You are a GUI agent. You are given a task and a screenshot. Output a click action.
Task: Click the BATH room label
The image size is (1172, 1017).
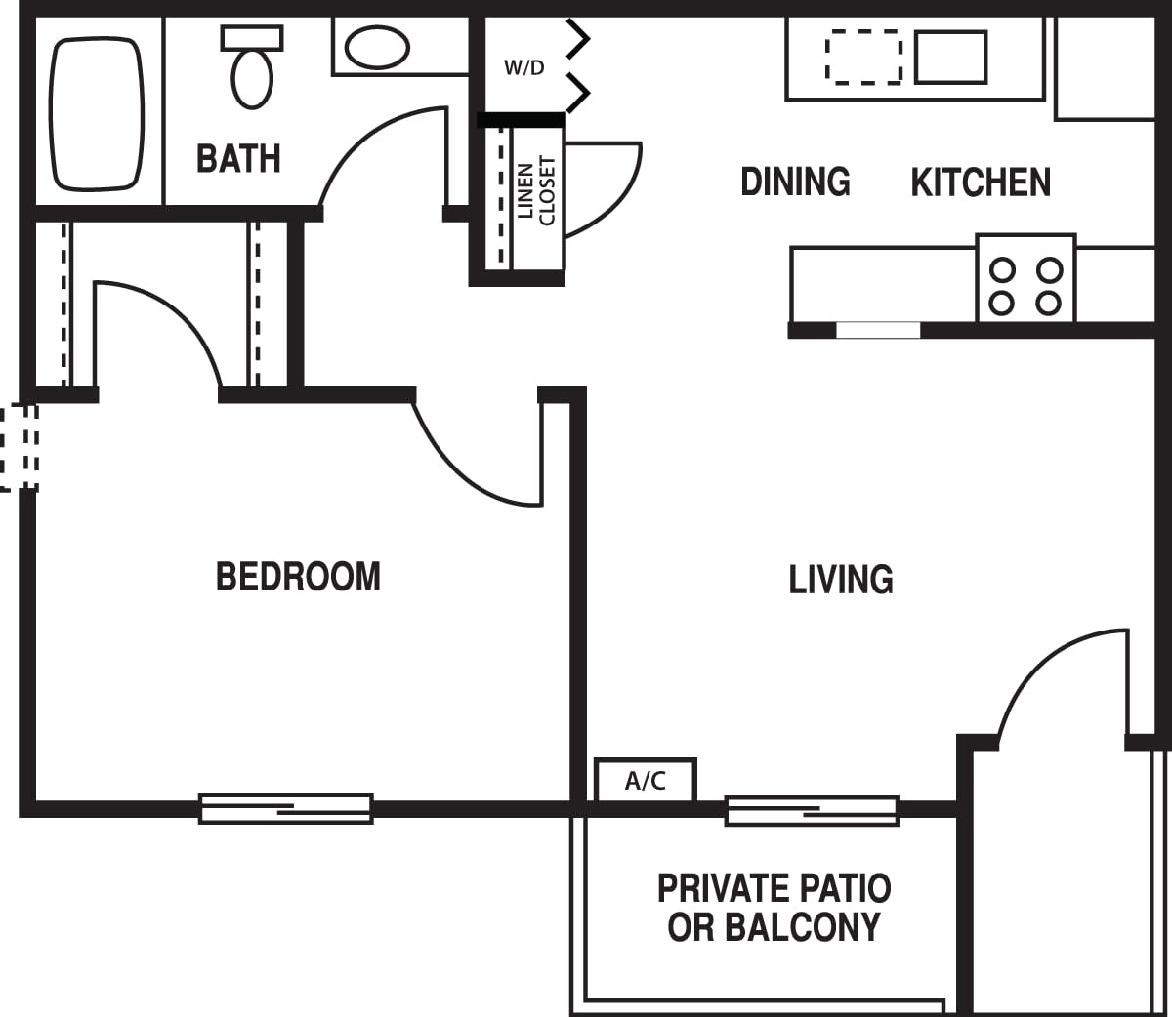tap(238, 158)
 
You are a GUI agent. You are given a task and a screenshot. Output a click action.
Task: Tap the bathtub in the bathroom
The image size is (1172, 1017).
tap(97, 113)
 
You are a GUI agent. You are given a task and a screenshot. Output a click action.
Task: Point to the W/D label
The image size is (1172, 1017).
tap(524, 67)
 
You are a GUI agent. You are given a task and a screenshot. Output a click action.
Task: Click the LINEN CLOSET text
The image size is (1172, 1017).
tap(536, 190)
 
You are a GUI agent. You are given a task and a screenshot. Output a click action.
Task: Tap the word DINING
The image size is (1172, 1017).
tap(795, 183)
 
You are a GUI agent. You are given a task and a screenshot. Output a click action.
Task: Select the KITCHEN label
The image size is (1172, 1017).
tap(981, 183)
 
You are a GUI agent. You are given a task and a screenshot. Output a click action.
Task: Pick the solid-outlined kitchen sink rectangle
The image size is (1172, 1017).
tap(950, 57)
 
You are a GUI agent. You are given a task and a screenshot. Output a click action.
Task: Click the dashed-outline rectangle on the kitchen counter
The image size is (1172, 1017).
tap(863, 57)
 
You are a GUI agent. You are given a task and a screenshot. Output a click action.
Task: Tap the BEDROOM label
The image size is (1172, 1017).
tap(298, 576)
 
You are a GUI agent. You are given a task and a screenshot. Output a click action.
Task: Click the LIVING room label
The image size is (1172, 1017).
tap(841, 580)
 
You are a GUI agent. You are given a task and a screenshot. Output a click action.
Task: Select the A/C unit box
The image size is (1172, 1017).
tap(646, 781)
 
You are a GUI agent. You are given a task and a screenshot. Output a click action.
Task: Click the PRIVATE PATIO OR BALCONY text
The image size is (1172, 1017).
tap(774, 908)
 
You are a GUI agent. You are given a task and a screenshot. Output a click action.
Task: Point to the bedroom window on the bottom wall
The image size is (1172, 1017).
tap(286, 808)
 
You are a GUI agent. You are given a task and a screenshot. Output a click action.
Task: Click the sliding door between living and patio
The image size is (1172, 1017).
tap(812, 810)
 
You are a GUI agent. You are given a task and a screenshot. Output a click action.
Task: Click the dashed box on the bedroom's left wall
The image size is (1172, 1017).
tap(19, 448)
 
